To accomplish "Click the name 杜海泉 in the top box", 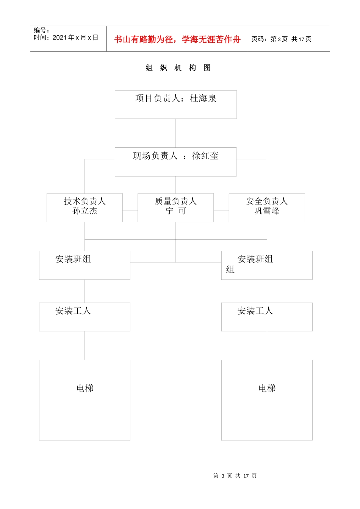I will point(203,98).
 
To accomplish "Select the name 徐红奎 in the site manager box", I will point(205,156).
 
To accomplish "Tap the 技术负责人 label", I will point(85,201).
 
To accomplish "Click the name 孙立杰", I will point(85,211).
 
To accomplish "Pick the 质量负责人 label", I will point(175,201).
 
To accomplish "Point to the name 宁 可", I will point(175,211).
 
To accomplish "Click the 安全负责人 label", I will point(267,201).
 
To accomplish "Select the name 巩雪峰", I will point(267,211).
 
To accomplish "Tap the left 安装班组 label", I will point(73,259).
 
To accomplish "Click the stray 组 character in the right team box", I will point(230,269).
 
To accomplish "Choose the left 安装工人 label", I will point(73,311).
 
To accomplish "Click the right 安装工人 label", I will point(255,311).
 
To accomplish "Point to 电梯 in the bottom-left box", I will point(85,388).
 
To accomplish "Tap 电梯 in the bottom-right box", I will point(267,388).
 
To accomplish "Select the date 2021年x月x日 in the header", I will point(75,37).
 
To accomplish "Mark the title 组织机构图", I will point(178,68).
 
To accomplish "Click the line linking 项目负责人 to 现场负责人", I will point(175,133).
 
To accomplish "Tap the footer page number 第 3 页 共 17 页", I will point(235,476).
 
